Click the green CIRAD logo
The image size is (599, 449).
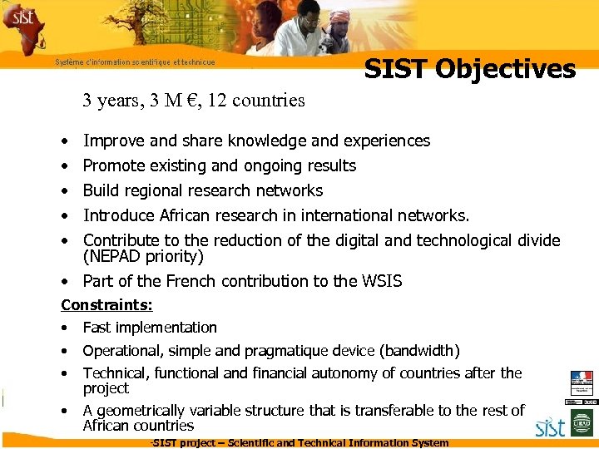point(581,427)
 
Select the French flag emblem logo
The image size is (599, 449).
point(582,383)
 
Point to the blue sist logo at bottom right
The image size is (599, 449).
point(551,428)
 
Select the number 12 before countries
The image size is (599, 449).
point(219,101)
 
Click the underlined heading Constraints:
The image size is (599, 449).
point(106,305)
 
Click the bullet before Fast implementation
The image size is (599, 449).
point(65,328)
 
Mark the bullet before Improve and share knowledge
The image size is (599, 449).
point(65,141)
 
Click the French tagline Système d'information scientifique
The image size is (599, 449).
point(135,62)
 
